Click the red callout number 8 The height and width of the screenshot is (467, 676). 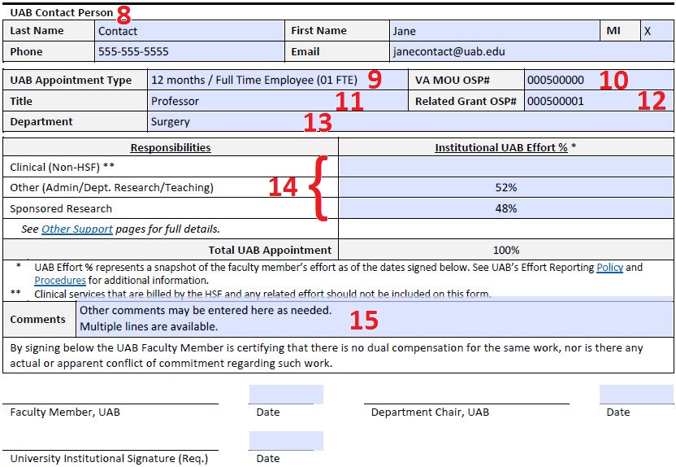pos(123,14)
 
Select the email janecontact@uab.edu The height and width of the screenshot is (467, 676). pos(448,51)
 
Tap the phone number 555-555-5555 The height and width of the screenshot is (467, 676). pos(133,51)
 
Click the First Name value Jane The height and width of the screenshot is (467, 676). pos(404,31)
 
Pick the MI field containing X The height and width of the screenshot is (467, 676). pos(648,31)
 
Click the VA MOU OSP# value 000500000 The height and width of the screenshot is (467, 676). pos(555,81)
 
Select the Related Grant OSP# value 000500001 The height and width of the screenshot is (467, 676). pos(555,102)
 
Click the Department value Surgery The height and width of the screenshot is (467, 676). pos(171,122)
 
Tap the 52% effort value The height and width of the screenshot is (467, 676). pos(505,187)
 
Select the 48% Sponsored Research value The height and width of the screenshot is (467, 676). pos(505,208)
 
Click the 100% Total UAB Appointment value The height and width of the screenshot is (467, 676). pos(505,250)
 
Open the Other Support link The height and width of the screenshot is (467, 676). pos(77,229)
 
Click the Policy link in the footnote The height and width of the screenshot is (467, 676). pos(609,267)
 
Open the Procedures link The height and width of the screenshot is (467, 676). pos(59,281)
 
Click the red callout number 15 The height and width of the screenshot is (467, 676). pos(363,320)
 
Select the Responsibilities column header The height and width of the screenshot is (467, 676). pos(171,147)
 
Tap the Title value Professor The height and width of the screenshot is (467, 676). pos(175,102)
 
